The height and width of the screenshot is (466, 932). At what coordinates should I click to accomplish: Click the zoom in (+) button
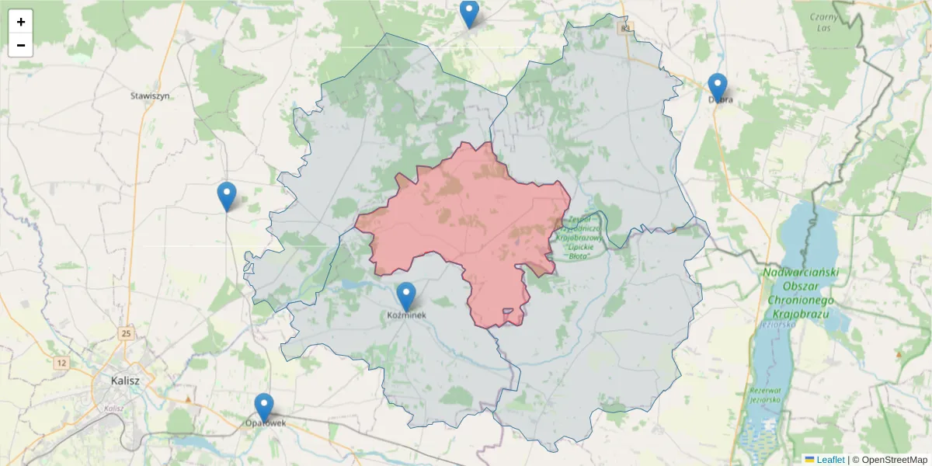(21, 23)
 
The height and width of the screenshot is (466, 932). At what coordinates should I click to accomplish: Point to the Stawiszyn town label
(151, 96)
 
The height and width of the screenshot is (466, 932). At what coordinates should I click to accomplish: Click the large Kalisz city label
(125, 381)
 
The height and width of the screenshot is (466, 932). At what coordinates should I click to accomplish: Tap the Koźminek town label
(406, 315)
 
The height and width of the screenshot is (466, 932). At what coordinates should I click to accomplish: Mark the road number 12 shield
(61, 362)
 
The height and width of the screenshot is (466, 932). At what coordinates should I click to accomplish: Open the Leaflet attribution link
(829, 460)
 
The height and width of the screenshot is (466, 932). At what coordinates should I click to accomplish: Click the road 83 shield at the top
(626, 28)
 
